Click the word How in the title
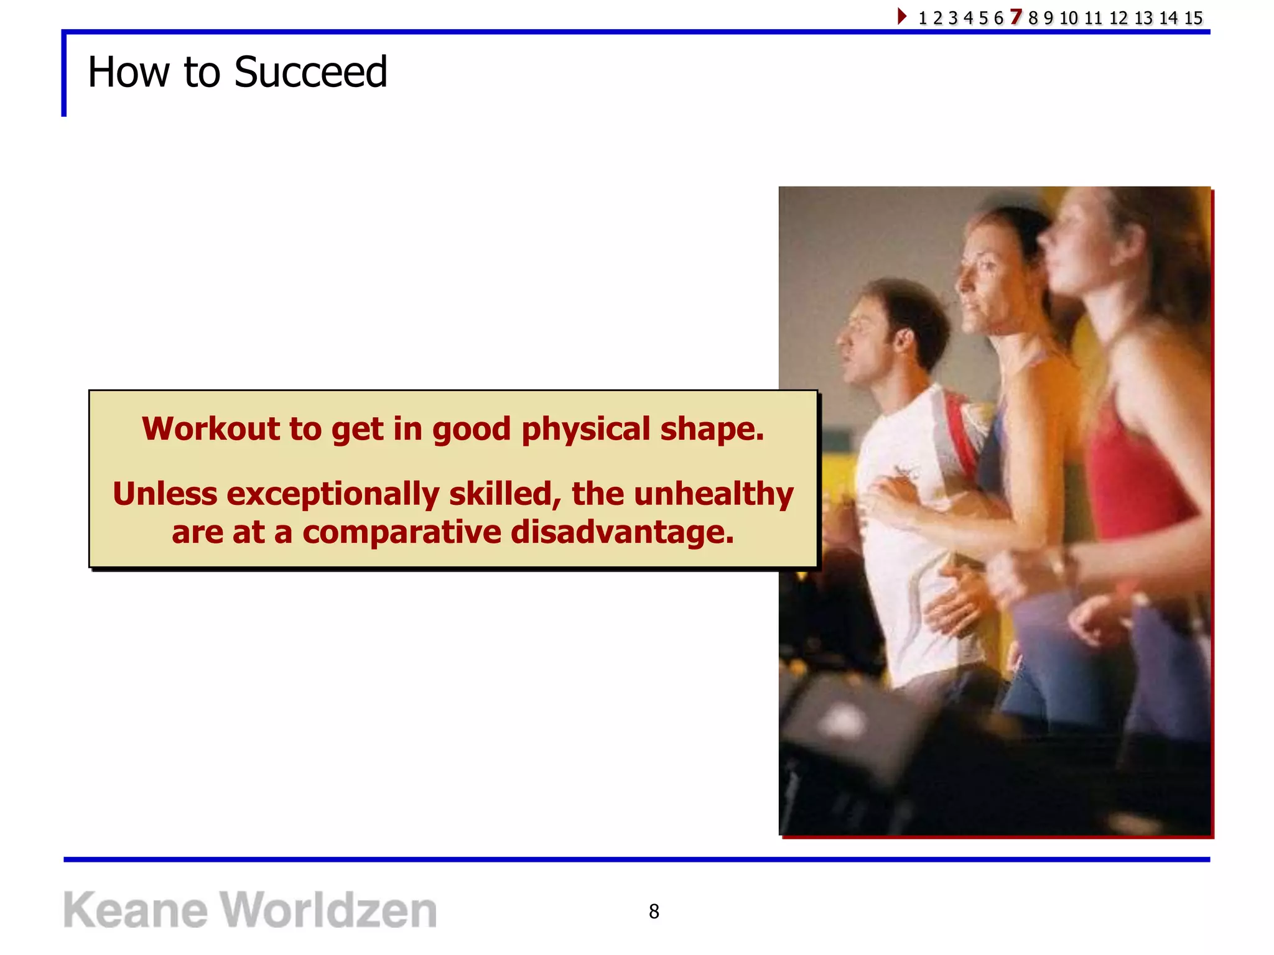[128, 72]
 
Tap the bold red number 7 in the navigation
[1016, 17]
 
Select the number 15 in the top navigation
[1193, 18]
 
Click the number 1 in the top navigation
[923, 18]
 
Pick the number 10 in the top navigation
[1068, 18]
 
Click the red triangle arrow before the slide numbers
[902, 16]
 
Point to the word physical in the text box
[585, 429]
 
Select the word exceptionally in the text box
[333, 494]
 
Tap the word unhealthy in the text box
[714, 494]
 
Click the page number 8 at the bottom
[654, 911]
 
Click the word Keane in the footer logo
[135, 910]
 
